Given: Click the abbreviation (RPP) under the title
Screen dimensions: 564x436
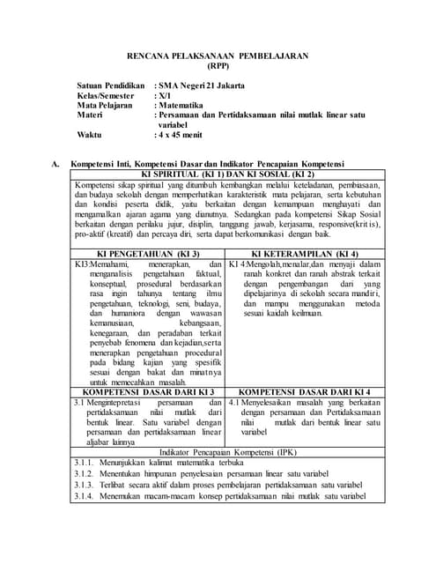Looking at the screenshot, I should (217, 65).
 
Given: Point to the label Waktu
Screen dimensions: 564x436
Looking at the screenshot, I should (90, 136).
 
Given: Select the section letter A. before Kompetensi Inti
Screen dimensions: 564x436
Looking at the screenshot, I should (56, 164).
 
